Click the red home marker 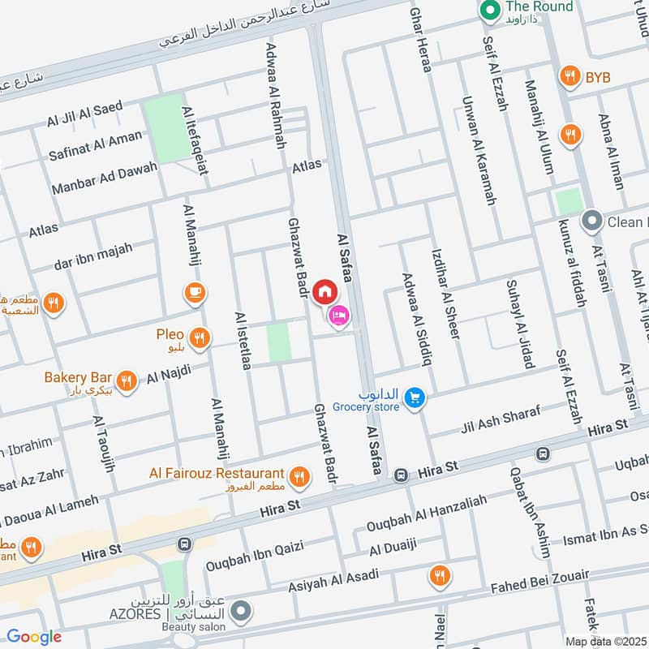tap(324, 290)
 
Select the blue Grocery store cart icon tap(415, 398)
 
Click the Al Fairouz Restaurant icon tap(300, 477)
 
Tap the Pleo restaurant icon tap(200, 337)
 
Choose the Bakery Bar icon tap(126, 380)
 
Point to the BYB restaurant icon tap(571, 77)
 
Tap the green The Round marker tap(489, 11)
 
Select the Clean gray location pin tap(592, 221)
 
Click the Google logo tap(34, 637)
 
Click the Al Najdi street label tap(169, 374)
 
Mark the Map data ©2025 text tap(605, 641)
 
